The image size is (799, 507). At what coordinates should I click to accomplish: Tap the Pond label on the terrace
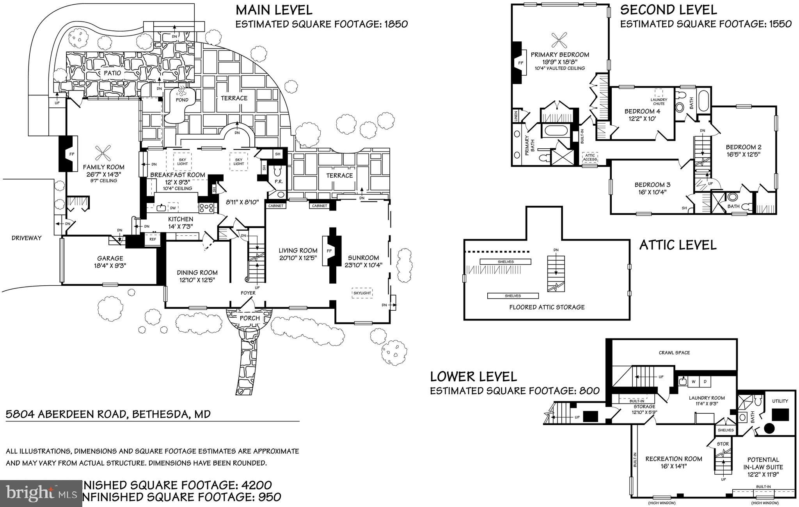click(182, 100)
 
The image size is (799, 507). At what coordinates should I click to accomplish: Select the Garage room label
click(110, 258)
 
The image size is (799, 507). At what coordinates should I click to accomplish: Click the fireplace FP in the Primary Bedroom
click(520, 63)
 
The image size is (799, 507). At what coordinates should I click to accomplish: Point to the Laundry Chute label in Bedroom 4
click(659, 101)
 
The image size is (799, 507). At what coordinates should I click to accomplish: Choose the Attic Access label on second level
click(590, 157)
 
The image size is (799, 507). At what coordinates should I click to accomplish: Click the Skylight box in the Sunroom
click(362, 293)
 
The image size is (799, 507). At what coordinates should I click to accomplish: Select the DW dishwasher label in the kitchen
click(172, 208)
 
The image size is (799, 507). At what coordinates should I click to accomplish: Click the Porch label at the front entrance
click(249, 318)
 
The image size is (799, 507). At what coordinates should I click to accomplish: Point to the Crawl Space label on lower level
click(674, 352)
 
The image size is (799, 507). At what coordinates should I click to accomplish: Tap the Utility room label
click(780, 401)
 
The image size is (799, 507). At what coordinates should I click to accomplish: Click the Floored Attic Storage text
click(547, 307)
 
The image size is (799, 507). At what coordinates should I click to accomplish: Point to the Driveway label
click(27, 238)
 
